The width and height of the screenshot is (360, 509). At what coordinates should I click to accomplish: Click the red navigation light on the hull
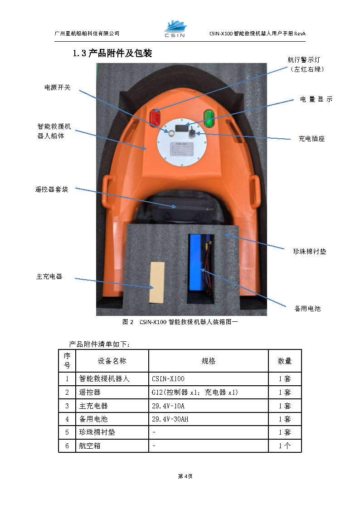pyautogui.click(x=155, y=117)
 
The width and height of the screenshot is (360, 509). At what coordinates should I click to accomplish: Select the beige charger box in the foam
pyautogui.click(x=157, y=282)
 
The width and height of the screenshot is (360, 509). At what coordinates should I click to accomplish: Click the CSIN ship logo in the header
pyautogui.click(x=175, y=29)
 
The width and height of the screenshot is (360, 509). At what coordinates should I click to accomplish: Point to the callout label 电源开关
pyautogui.click(x=58, y=87)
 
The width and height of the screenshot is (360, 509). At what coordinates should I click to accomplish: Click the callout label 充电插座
pyautogui.click(x=311, y=139)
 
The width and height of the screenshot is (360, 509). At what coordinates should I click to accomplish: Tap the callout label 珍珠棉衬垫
pyautogui.click(x=310, y=251)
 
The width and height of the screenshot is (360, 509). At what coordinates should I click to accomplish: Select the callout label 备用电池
pyautogui.click(x=307, y=308)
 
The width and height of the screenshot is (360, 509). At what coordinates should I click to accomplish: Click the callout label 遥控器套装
pyautogui.click(x=52, y=189)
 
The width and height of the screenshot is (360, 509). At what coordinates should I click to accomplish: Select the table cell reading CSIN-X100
pyautogui.click(x=168, y=378)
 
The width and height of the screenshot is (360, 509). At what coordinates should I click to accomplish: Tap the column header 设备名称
pyautogui.click(x=112, y=361)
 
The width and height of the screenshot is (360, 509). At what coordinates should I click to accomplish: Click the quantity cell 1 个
pyautogui.click(x=285, y=446)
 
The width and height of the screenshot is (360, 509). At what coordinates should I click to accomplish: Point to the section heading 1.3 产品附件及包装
pyautogui.click(x=112, y=53)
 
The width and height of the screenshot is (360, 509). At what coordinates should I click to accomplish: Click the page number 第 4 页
pyautogui.click(x=185, y=476)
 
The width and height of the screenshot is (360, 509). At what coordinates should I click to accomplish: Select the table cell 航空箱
pyautogui.click(x=90, y=446)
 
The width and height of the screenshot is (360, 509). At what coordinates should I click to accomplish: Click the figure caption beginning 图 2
pyautogui.click(x=180, y=322)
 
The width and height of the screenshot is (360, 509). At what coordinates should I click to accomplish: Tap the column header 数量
pyautogui.click(x=285, y=361)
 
